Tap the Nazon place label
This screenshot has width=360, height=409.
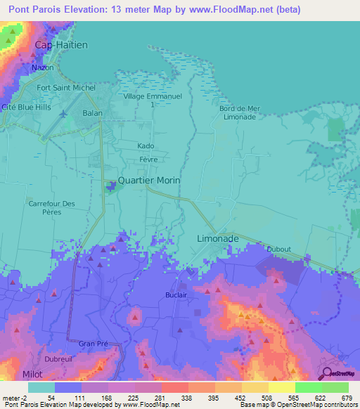(x=42, y=67)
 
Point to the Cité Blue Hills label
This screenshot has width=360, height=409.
(x=28, y=107)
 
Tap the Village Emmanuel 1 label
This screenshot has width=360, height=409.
(x=153, y=100)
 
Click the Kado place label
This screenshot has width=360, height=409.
(x=146, y=146)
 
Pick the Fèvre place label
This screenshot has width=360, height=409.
(x=148, y=160)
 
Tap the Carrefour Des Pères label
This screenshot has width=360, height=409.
(x=51, y=208)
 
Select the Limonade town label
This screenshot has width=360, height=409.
(x=217, y=239)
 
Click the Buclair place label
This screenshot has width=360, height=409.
(x=177, y=295)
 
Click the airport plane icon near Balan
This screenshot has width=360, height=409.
(x=64, y=114)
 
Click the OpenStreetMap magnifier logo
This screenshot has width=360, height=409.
(x=328, y=372)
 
